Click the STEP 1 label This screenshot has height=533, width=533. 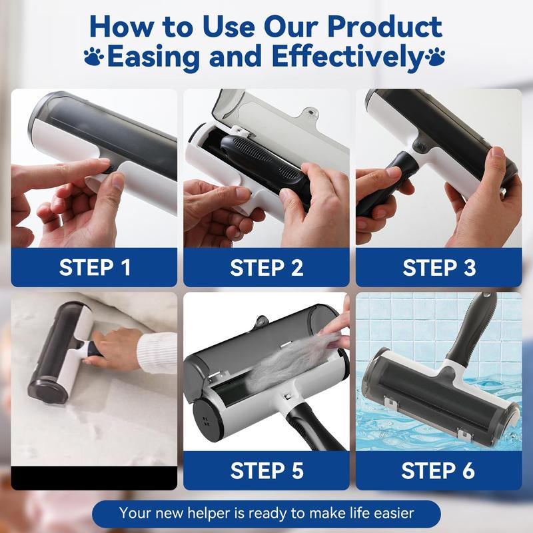[x=95, y=268]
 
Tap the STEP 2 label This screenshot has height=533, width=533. [x=266, y=268]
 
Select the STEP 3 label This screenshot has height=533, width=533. [x=439, y=268]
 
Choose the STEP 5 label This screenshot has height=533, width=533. [x=266, y=470]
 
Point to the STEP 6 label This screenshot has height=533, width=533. [x=439, y=470]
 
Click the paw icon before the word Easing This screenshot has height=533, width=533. [x=94, y=56]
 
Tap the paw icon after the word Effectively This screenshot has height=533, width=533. [x=436, y=56]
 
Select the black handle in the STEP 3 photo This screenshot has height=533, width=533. [x=380, y=187]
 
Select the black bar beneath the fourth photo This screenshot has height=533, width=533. [x=94, y=477]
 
